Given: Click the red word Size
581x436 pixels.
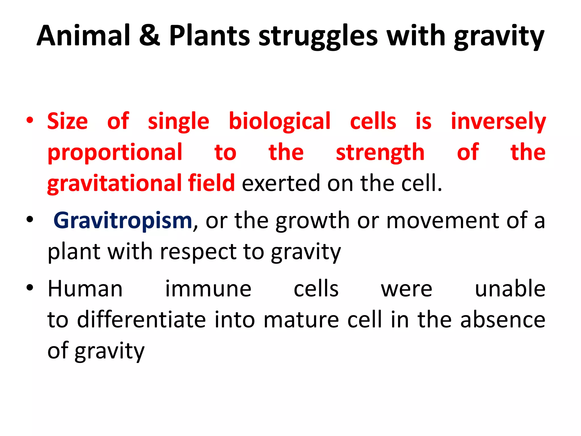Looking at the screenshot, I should click(68, 121).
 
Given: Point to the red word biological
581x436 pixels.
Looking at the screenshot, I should click(279, 121).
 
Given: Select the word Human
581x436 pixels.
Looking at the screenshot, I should click(85, 289).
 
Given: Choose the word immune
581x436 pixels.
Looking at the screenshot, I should click(208, 289).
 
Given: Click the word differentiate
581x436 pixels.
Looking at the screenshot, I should click(142, 320).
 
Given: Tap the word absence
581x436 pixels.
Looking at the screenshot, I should click(503, 320).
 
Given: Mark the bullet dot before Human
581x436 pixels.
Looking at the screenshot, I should click(30, 288).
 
